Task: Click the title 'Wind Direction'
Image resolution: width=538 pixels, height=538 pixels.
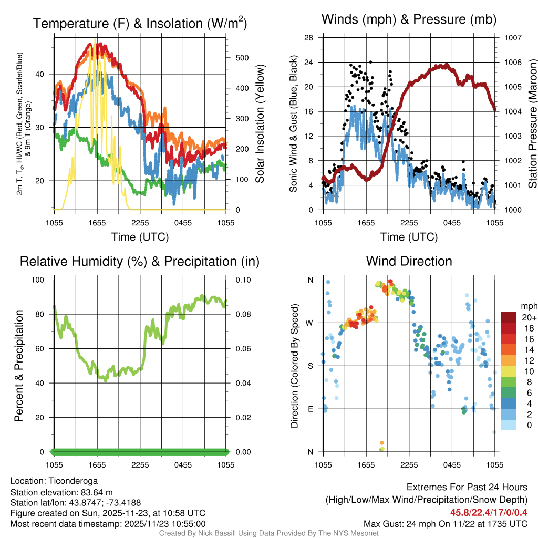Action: click(409, 261)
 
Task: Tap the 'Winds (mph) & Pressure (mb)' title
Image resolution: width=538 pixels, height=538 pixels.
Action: click(409, 20)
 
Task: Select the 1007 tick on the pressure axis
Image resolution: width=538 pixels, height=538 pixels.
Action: click(512, 38)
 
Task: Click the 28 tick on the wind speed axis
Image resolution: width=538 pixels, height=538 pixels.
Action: click(309, 38)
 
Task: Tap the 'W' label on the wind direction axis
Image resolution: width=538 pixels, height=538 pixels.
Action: click(310, 323)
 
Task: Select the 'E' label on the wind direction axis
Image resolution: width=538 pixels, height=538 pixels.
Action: click(311, 409)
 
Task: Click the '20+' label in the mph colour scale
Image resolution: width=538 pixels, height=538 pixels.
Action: click(528, 318)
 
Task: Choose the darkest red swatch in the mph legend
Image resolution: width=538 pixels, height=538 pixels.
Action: click(508, 317)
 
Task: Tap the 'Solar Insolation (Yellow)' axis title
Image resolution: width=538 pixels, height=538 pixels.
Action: click(260, 123)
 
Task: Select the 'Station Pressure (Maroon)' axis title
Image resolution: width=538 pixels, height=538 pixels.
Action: click(532, 123)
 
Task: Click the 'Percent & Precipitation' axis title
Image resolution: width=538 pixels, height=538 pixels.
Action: click(18, 366)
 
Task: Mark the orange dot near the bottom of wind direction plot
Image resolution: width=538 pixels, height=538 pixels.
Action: click(382, 443)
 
